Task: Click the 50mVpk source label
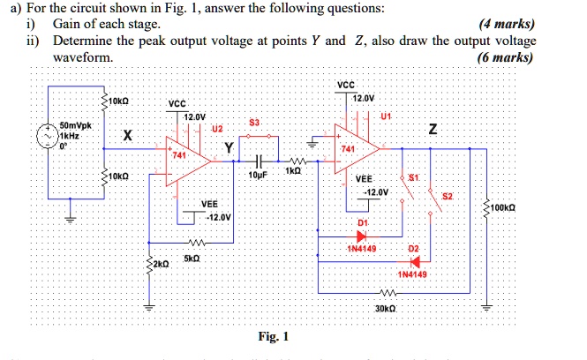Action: tap(70, 126)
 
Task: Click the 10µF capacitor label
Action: tap(260, 177)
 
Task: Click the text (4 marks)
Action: tap(504, 24)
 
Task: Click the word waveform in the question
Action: tap(82, 57)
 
